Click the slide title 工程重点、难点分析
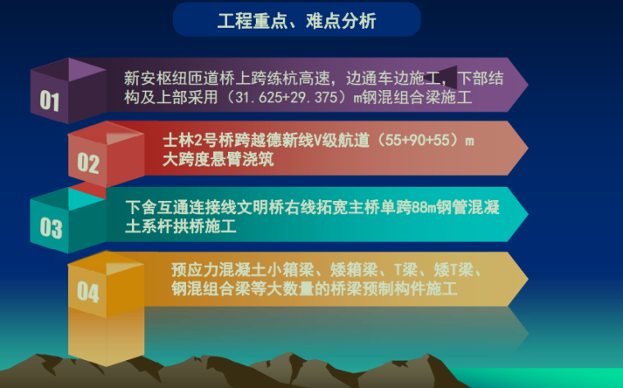(x=297, y=20)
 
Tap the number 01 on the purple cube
(x=50, y=101)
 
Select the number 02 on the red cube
(x=88, y=163)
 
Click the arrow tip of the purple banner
(x=525, y=84)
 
